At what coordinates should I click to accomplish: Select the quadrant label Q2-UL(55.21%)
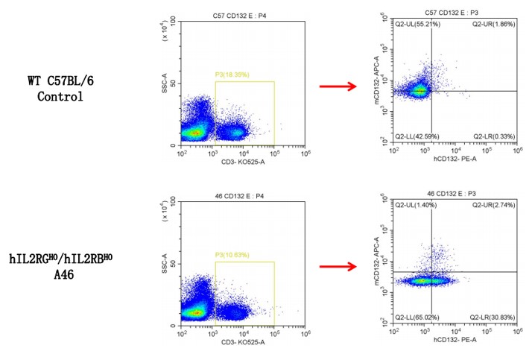point(419,25)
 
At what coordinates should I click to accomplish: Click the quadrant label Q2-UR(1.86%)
point(493,25)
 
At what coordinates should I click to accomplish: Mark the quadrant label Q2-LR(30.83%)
point(492,315)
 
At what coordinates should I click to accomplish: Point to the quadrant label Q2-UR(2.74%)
point(493,203)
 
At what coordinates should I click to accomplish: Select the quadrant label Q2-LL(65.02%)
point(418,315)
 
